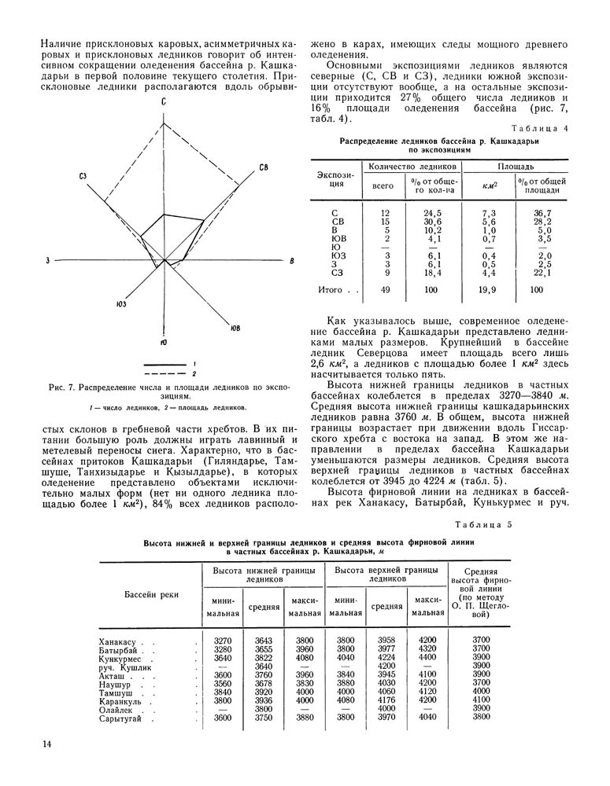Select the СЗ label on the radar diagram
click(x=83, y=176)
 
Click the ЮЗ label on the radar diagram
click(x=120, y=304)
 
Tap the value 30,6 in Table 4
click(x=432, y=222)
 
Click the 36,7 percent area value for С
click(x=543, y=213)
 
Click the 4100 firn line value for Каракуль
click(x=481, y=700)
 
